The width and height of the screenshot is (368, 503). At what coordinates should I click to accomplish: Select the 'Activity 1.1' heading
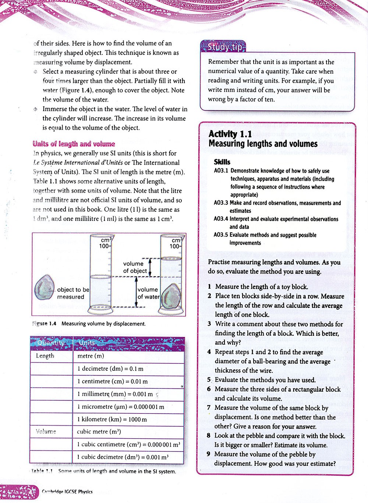pos(230,134)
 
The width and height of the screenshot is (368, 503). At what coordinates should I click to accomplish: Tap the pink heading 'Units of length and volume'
pos(74,144)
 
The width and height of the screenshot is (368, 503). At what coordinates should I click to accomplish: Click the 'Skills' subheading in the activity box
pos(222,162)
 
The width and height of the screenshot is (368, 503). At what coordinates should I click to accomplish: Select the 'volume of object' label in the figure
pos(135,267)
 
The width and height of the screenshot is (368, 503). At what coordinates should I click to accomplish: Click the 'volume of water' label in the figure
pos(148,293)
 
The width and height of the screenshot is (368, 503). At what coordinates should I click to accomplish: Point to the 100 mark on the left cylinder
pos(104,246)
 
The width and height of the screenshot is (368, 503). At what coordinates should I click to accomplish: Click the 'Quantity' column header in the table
pos(51,343)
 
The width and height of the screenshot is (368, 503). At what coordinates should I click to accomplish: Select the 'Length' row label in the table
pos(45,356)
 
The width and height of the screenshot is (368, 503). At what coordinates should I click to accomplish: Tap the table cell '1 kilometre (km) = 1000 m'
pos(112,420)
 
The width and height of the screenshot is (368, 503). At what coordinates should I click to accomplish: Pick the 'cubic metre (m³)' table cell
pos(99,432)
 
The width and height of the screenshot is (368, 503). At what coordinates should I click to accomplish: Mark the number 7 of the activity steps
pos(209,408)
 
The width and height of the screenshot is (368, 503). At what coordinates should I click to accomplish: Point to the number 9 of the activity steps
pos(209,454)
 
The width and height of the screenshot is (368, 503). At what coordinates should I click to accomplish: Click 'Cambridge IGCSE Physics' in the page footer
pos(67,492)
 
